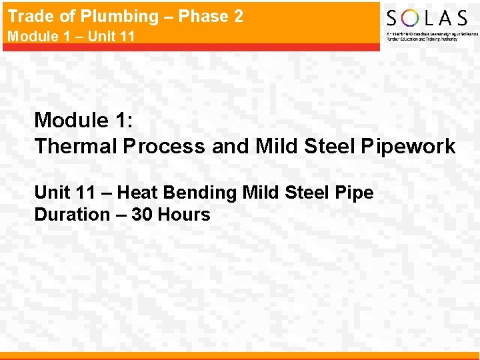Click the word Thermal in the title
pyautogui.click(x=75, y=146)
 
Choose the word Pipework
pyautogui.click(x=408, y=146)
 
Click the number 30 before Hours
pyautogui.click(x=141, y=215)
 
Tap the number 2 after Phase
pyautogui.click(x=239, y=17)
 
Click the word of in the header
pyautogui.click(x=64, y=17)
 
